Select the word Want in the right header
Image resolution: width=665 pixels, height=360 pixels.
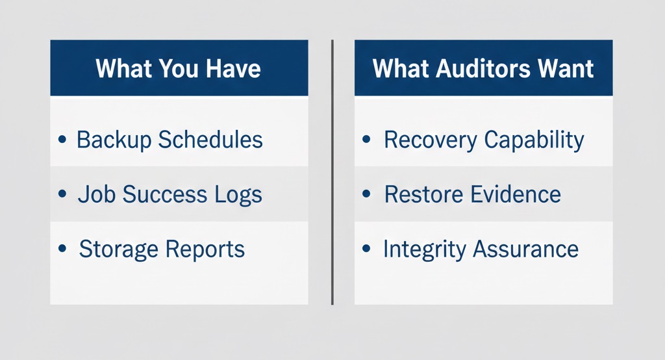click(564, 69)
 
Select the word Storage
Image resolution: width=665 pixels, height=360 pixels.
click(118, 249)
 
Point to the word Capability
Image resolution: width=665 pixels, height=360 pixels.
click(531, 140)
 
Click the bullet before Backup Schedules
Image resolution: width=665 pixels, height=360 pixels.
click(62, 140)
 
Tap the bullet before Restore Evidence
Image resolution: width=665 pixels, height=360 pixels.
click(367, 194)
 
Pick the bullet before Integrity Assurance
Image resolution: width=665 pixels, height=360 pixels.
click(367, 249)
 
